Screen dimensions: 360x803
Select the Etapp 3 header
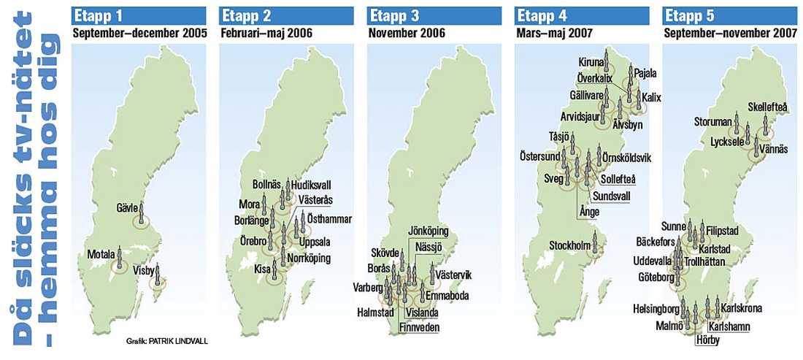pyautogui.click(x=392, y=16)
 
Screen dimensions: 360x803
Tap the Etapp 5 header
pyautogui.click(x=687, y=16)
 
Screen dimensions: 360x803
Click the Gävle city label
pyautogui.click(x=128, y=207)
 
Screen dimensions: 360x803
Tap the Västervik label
pyautogui.click(x=453, y=275)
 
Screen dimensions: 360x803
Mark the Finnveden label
pyautogui.click(x=418, y=327)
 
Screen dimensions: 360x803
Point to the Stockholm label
pyautogui.click(x=569, y=245)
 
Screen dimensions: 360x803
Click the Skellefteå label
pyautogui.click(x=768, y=107)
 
